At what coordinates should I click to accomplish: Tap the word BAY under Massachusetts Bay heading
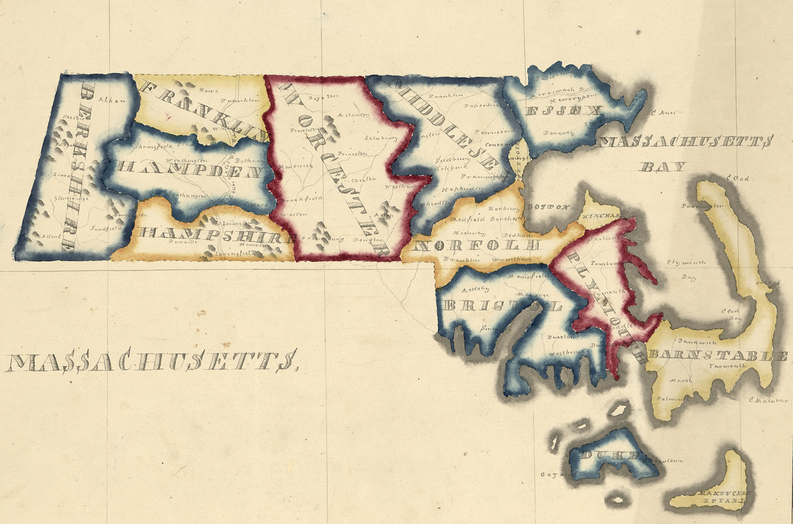coord(662,167)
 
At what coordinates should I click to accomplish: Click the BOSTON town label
coord(548,207)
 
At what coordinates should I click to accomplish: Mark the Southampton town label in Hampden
coord(187,194)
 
